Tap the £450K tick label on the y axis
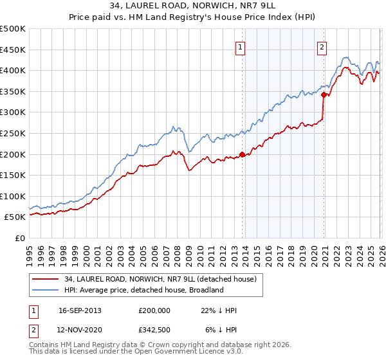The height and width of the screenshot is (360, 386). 13,50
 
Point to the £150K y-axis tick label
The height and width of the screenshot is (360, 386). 13,175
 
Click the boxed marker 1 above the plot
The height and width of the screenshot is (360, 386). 240,47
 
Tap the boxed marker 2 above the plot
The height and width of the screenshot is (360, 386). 321,47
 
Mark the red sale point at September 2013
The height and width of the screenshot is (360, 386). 242,154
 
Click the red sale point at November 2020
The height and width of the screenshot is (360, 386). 324,94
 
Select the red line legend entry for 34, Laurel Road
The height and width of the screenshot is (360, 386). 161,279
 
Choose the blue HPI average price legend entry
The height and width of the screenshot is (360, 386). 143,290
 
